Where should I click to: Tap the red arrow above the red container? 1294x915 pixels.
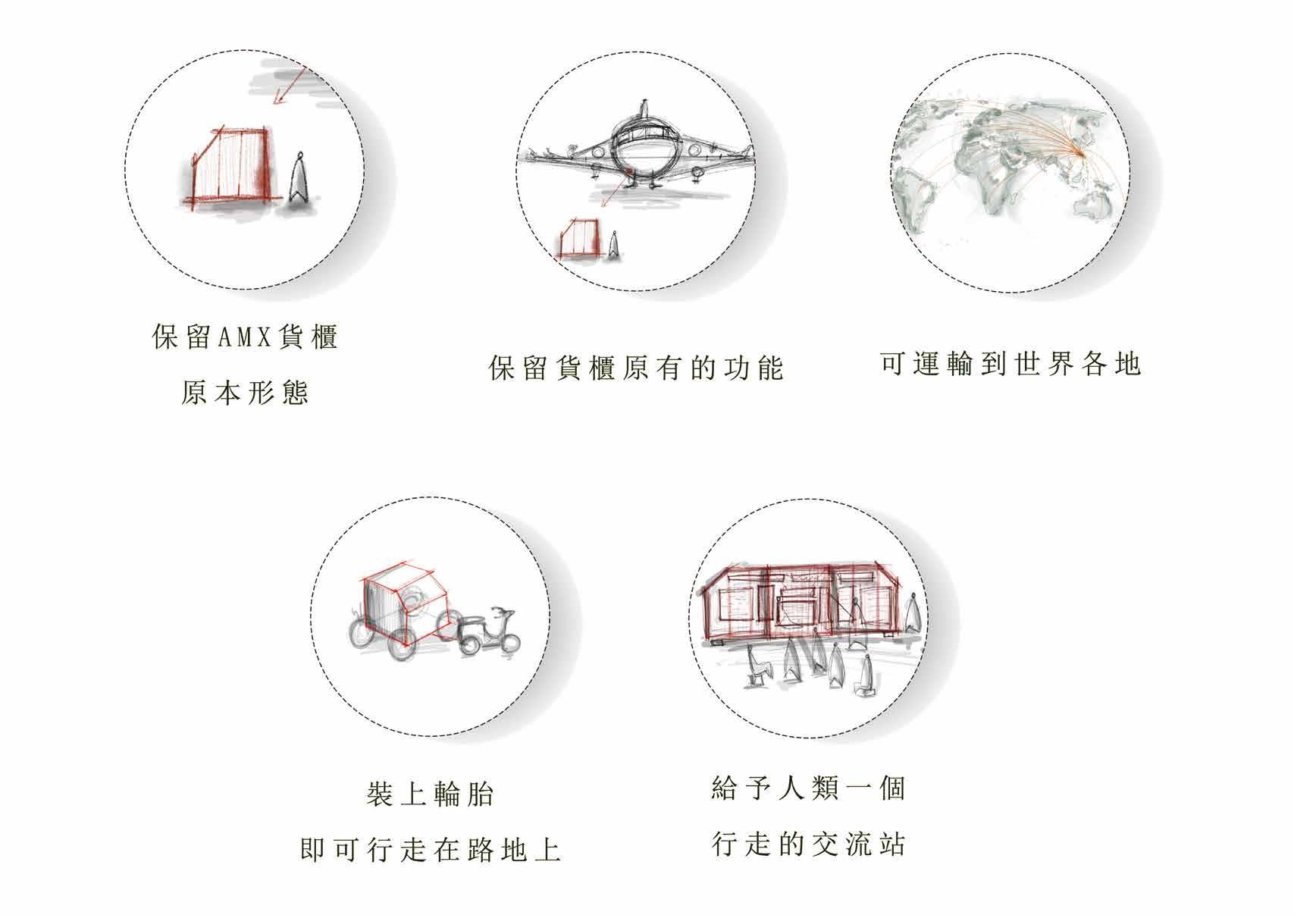290,84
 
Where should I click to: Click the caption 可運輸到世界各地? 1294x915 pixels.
1010,365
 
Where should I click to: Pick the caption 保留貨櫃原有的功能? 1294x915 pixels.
635,368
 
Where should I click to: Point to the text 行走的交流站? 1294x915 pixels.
808,844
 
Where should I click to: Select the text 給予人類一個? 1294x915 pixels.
808,789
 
